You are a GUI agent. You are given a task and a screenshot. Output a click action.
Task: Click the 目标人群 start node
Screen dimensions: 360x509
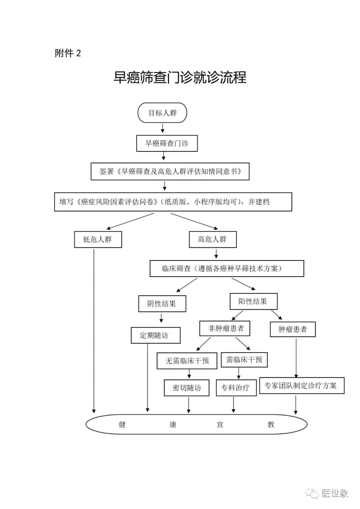pyautogui.click(x=162, y=113)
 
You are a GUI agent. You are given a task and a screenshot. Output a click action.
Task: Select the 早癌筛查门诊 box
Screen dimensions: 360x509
pyautogui.click(x=167, y=143)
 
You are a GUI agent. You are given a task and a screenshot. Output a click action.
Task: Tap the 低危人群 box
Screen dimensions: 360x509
pyautogui.click(x=98, y=240)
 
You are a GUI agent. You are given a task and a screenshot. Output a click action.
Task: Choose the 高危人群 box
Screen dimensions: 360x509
pyautogui.click(x=213, y=240)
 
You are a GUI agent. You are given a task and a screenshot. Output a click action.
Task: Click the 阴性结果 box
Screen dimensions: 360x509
pyautogui.click(x=162, y=304)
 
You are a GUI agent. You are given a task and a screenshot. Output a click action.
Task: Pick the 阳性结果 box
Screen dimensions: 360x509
pyautogui.click(x=253, y=301)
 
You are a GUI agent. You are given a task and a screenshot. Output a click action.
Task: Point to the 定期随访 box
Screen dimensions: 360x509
pyautogui.click(x=155, y=335)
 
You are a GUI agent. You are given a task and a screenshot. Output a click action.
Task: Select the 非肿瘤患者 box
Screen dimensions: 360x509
pyautogui.click(x=225, y=328)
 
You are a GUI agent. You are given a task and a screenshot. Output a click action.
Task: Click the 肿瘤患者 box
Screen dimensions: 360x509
pyautogui.click(x=293, y=329)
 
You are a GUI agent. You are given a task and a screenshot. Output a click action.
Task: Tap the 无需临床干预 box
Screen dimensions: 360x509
pyautogui.click(x=187, y=361)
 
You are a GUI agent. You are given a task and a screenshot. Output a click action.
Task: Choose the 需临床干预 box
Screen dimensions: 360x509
pyautogui.click(x=244, y=360)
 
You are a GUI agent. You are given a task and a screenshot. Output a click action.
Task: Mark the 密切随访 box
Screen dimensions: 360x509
pyautogui.click(x=187, y=388)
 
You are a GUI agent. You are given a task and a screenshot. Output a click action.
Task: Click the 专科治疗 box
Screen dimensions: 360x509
pyautogui.click(x=236, y=388)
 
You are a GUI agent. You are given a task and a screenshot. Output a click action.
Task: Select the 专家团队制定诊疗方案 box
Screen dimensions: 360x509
pyautogui.click(x=302, y=385)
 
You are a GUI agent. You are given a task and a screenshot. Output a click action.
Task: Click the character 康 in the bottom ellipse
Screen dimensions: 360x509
pyautogui.click(x=173, y=424)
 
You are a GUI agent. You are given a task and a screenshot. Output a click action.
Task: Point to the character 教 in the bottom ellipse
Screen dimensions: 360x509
pyautogui.click(x=271, y=424)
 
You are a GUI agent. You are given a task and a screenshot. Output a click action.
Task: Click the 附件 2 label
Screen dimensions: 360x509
pyautogui.click(x=68, y=53)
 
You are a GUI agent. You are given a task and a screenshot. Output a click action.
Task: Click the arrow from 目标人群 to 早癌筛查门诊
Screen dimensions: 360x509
pyautogui.click(x=163, y=128)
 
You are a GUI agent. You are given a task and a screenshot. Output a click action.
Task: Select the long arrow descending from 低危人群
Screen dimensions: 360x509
pyautogui.click(x=94, y=331)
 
